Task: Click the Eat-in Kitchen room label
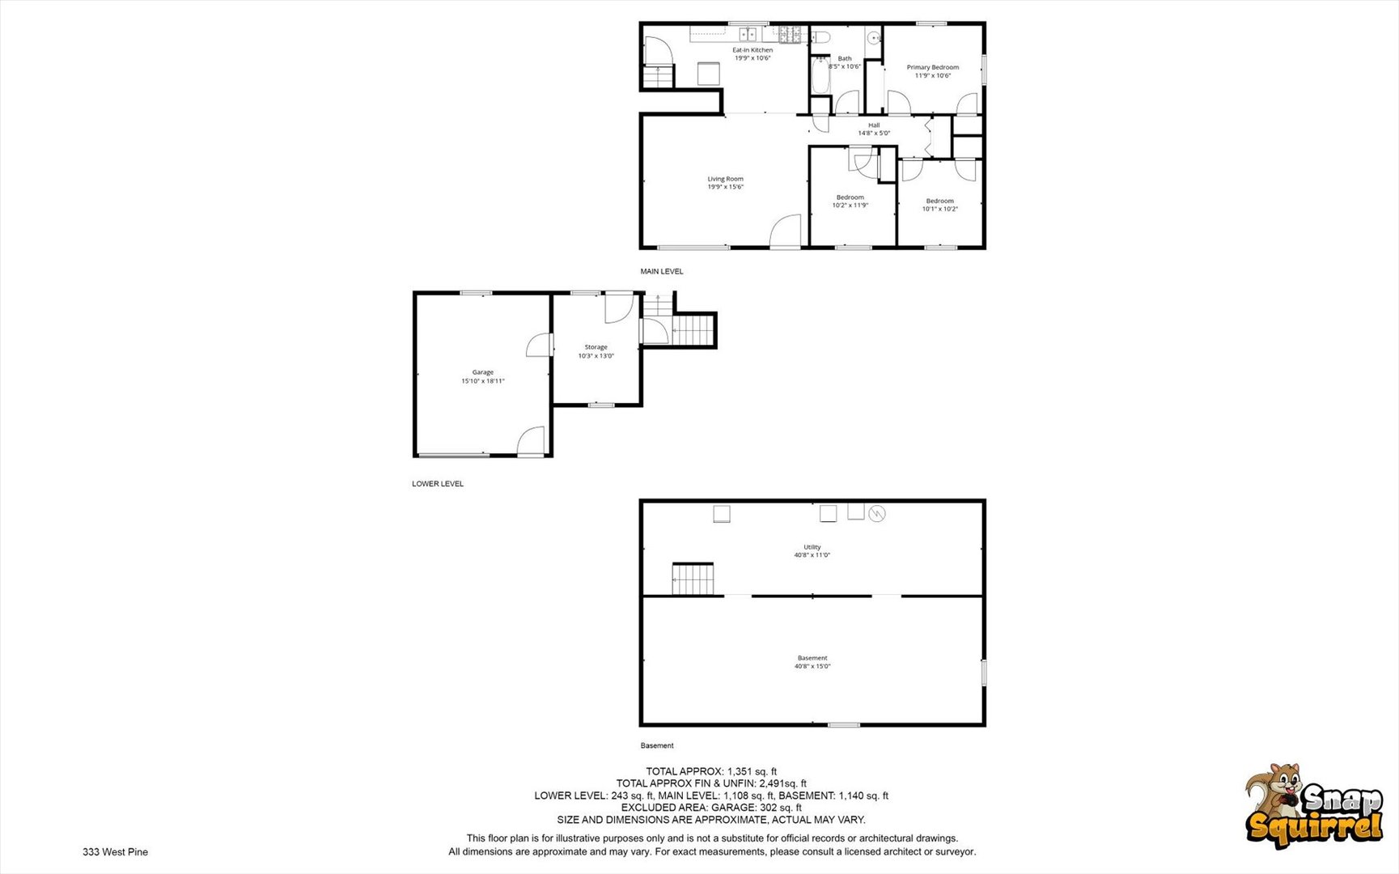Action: coord(752,50)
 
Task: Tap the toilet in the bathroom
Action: coord(821,36)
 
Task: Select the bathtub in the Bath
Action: coord(819,75)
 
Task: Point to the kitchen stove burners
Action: coord(790,34)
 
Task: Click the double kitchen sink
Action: coord(747,34)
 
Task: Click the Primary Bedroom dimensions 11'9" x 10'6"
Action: coord(932,76)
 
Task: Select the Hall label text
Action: coord(874,125)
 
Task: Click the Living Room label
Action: coord(725,179)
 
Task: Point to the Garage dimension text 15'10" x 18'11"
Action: coord(483,381)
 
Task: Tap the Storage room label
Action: coord(596,347)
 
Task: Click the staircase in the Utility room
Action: coord(693,579)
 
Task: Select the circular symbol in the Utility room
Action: coord(877,514)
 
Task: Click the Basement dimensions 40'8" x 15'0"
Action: coord(812,667)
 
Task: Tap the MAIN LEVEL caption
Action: coord(662,272)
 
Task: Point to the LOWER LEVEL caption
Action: coord(438,484)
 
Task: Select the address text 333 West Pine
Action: coord(115,852)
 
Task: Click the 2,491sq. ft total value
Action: coord(782,783)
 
